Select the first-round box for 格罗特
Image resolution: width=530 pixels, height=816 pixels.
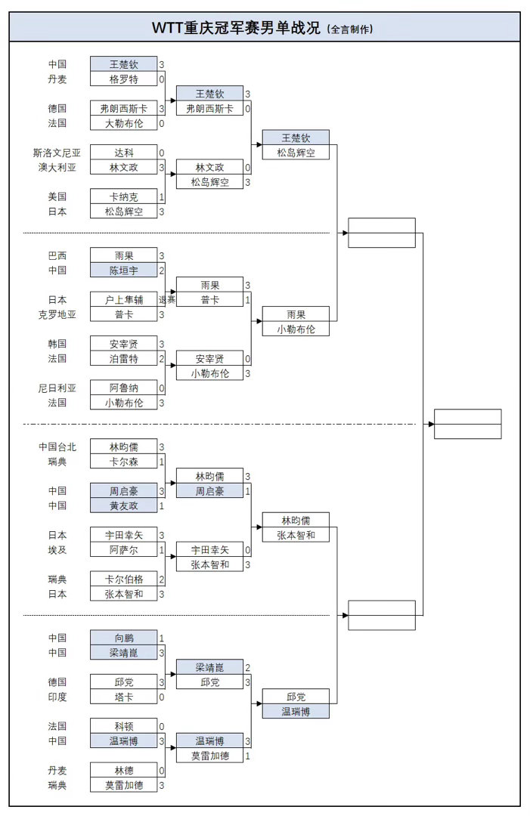point(124,79)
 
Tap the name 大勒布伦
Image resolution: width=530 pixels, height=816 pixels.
point(124,123)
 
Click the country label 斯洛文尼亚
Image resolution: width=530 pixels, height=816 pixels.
point(57,153)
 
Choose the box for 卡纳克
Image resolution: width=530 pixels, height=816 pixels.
point(124,196)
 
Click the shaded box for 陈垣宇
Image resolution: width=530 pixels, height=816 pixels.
point(124,270)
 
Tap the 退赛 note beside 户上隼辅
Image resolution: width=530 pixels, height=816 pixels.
point(167,300)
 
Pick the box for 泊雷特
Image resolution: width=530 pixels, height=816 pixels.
point(124,359)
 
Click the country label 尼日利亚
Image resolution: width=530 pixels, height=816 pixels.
point(57,388)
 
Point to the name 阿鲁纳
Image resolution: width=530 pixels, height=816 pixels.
point(124,388)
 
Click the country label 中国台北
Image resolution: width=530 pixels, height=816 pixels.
point(57,447)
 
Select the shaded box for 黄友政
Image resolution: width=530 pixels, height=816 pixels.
point(124,505)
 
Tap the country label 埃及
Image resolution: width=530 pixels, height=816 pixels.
point(57,550)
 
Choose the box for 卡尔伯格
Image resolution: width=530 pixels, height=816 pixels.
point(124,580)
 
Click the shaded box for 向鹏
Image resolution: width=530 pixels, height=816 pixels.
point(124,638)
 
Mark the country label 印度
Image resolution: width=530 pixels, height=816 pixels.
point(57,697)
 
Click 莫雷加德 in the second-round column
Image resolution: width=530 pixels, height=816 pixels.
point(210,756)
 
